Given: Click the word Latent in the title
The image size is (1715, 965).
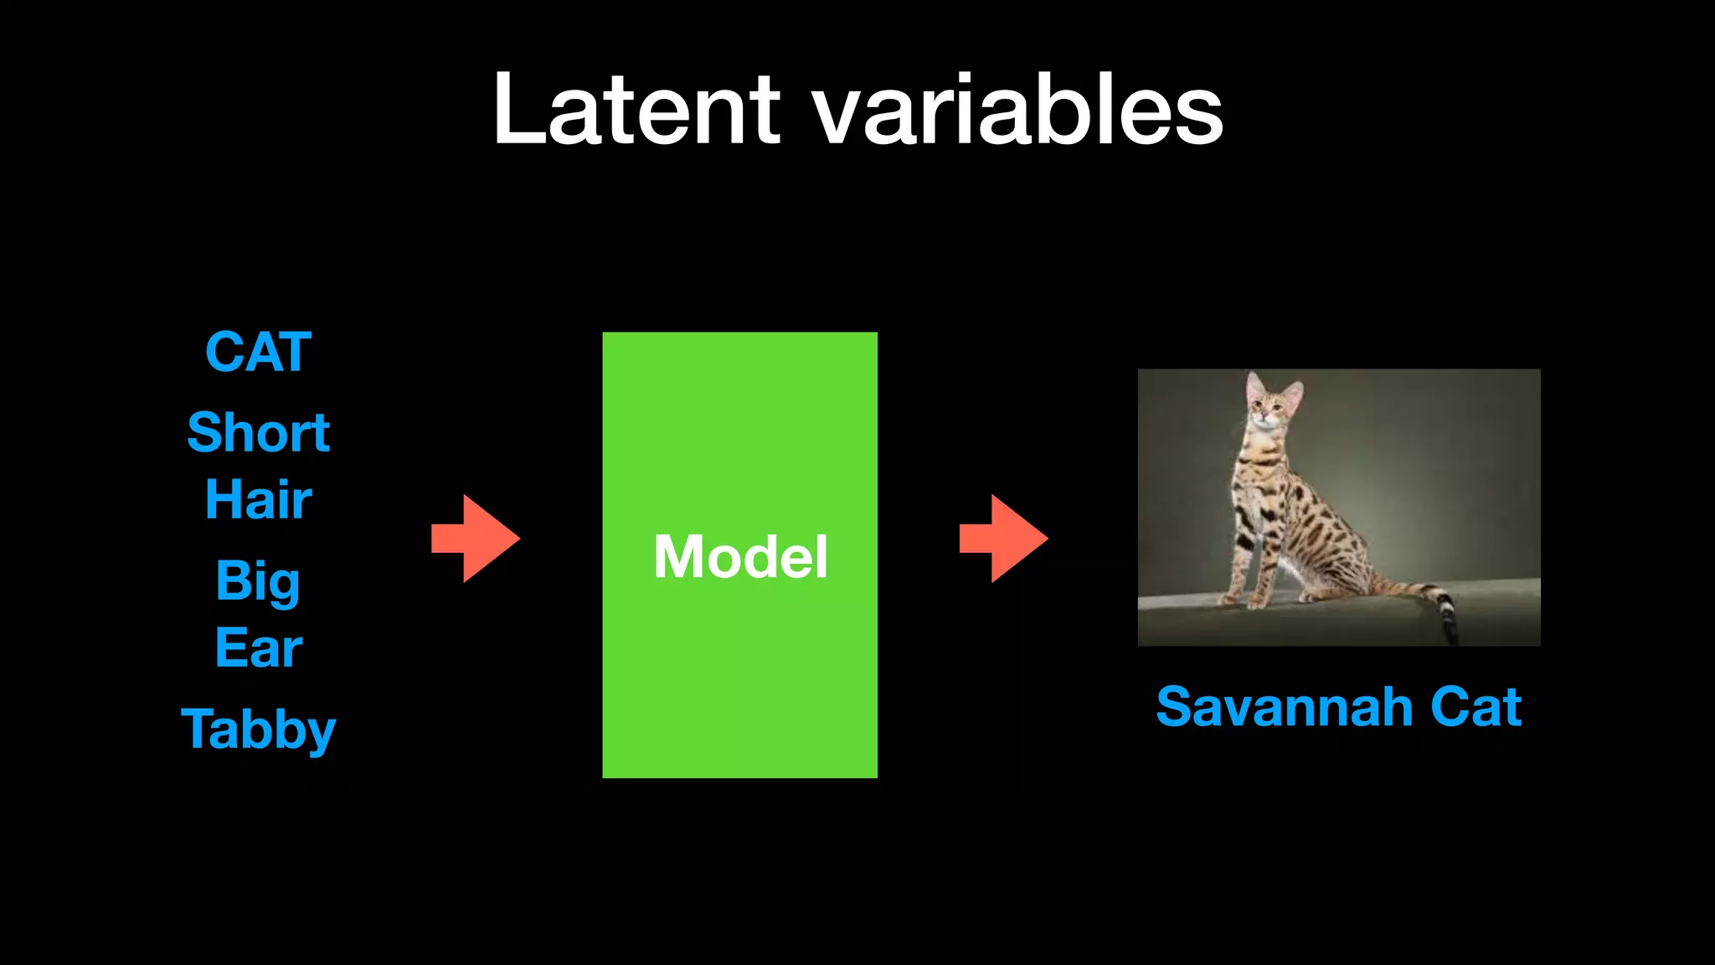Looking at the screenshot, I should tap(636, 110).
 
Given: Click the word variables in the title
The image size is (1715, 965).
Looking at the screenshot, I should tap(1018, 110).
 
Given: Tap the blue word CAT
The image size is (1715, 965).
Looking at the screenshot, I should tap(258, 352).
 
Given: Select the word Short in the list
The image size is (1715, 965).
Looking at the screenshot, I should tap(258, 433).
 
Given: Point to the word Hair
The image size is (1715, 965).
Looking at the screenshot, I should tap(258, 500).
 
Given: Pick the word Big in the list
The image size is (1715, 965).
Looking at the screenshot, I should tap(258, 581).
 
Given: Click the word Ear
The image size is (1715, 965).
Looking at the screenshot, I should tap(258, 648).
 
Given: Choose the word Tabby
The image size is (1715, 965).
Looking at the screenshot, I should tap(258, 729).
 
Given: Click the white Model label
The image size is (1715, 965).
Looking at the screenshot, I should tap(740, 557).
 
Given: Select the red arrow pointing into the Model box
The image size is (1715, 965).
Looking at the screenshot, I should tap(476, 539).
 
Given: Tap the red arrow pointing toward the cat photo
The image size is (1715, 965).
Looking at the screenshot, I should tap(1003, 539).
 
